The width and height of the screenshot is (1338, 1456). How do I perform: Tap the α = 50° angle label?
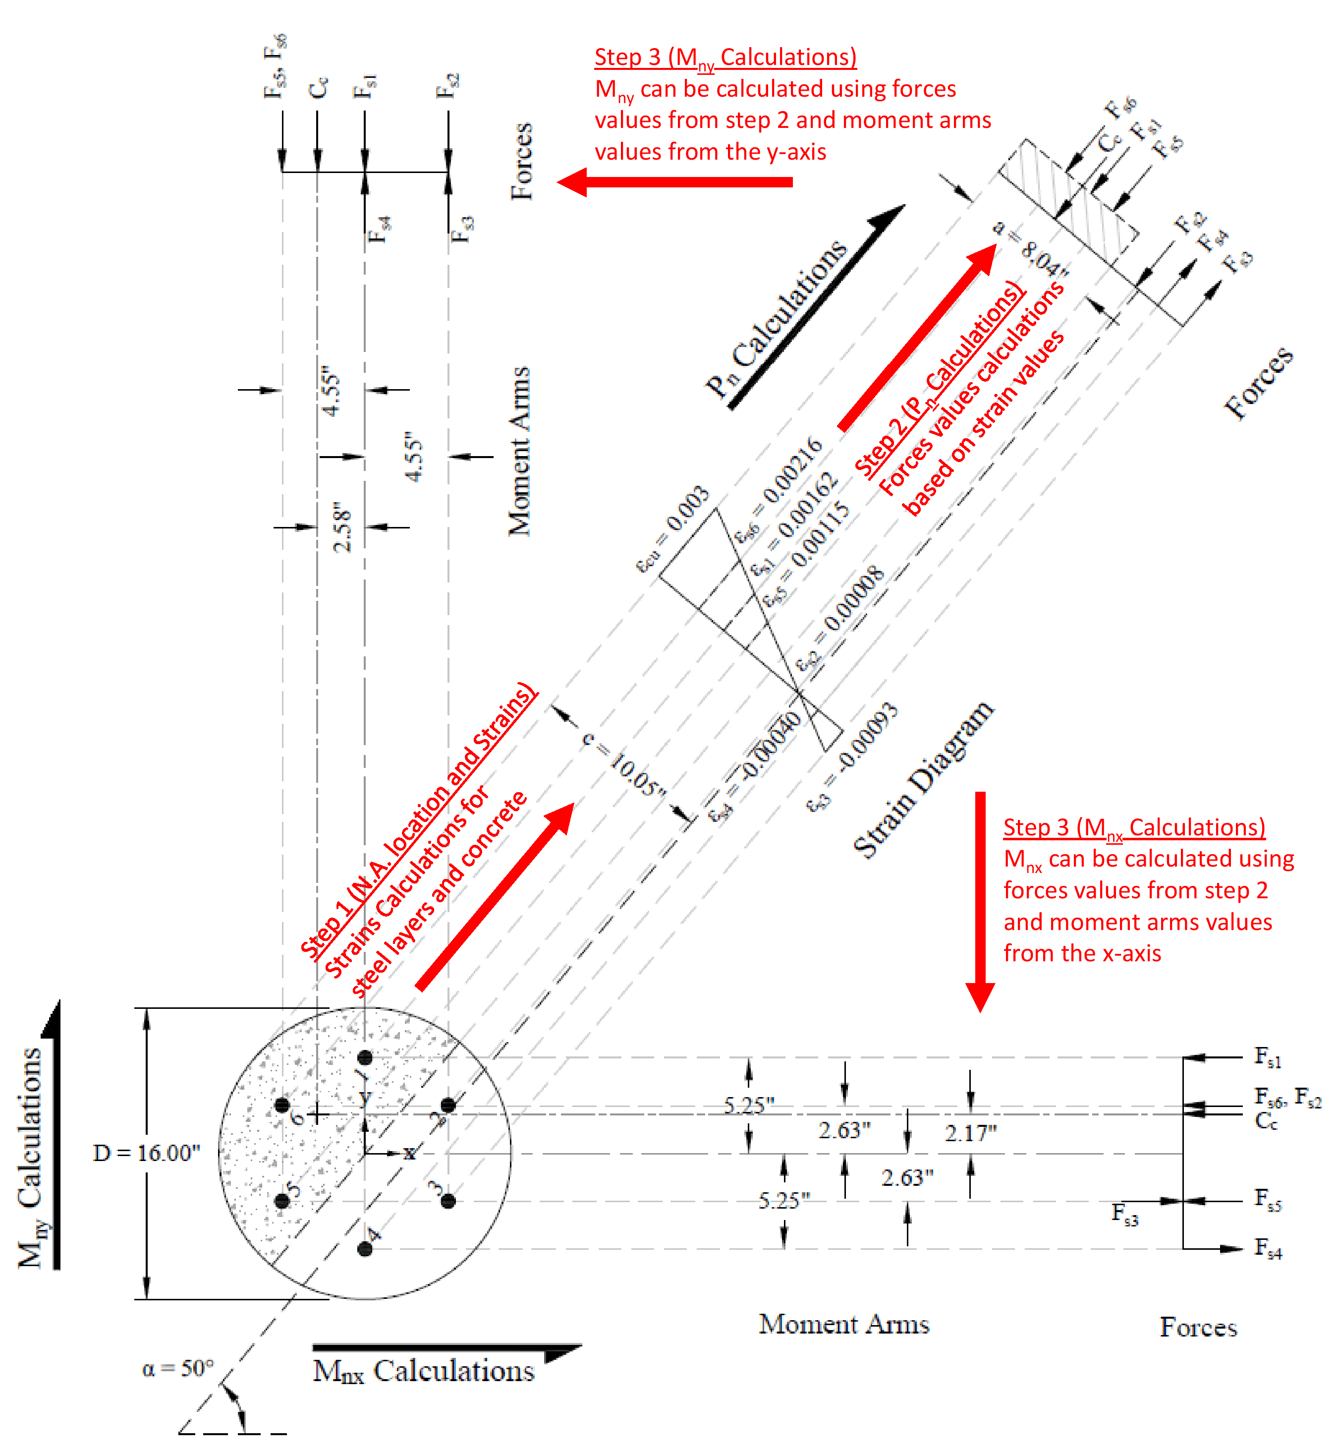[178, 1368]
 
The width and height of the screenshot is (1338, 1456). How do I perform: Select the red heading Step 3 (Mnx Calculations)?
[1134, 828]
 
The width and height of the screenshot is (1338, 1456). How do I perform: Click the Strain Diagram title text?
[924, 779]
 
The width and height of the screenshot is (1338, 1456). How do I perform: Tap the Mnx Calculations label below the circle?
[424, 1371]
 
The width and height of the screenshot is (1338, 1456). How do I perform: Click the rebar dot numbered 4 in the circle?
[365, 1249]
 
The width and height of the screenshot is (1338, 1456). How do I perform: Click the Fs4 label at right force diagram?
[1268, 1248]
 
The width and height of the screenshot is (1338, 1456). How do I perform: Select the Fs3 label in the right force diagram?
[1124, 1214]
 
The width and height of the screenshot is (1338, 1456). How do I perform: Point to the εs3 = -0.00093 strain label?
[853, 757]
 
